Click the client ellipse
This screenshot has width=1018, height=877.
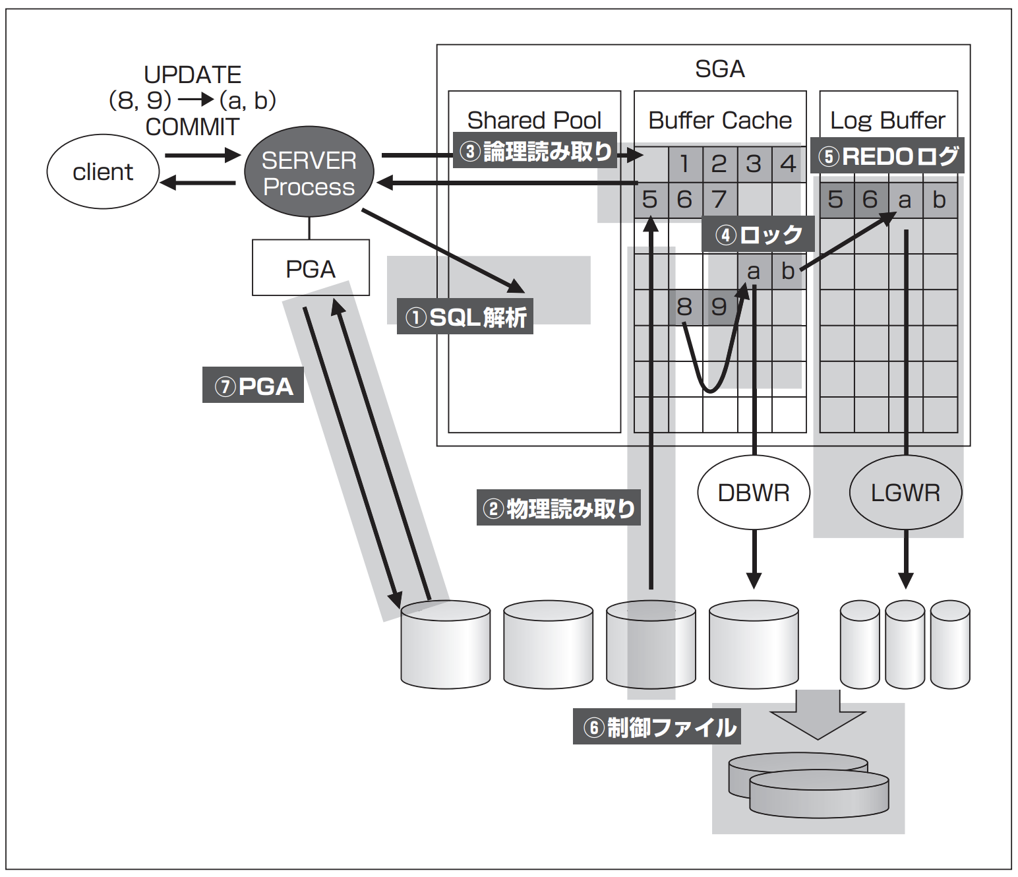click(103, 172)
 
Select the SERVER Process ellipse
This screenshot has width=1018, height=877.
click(309, 173)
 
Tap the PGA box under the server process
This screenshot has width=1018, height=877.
click(311, 268)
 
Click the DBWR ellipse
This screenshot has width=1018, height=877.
click(754, 493)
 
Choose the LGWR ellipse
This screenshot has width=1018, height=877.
click(905, 493)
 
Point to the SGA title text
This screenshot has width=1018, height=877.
click(719, 69)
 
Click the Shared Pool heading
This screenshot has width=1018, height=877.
click(534, 120)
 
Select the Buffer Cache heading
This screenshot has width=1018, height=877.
click(720, 120)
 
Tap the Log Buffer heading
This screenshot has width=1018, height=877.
click(887, 120)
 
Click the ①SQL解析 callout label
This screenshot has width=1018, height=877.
click(465, 317)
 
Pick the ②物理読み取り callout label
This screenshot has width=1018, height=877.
click(558, 508)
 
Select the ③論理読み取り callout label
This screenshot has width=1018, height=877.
click(535, 152)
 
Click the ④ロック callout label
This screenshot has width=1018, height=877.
click(758, 235)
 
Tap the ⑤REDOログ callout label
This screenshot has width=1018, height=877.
click(887, 156)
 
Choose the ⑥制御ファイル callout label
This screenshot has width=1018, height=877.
click(657, 727)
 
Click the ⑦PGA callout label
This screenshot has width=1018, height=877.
click(253, 386)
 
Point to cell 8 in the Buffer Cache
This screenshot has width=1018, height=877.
click(684, 307)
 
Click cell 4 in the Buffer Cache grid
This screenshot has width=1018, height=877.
click(788, 164)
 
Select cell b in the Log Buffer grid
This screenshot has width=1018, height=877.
click(940, 199)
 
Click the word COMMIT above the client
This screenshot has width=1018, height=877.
click(192, 127)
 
